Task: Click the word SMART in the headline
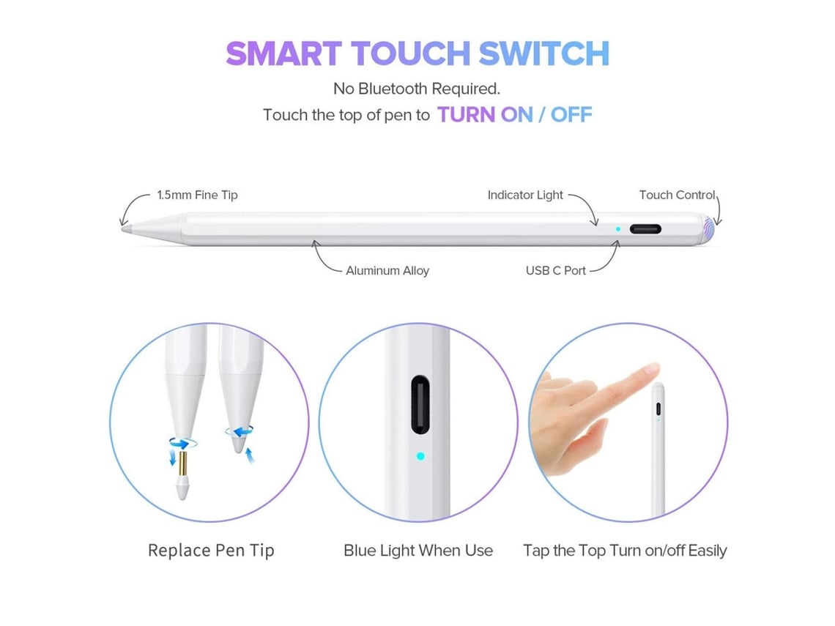point(284,53)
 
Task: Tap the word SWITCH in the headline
point(543,53)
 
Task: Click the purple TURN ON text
point(485,114)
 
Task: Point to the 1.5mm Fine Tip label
point(197,195)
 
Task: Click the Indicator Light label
point(525,195)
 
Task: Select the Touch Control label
point(677,195)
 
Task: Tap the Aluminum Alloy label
point(387,270)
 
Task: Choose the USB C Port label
point(555,270)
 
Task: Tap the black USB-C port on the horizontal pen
point(645,229)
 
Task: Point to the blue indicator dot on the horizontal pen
point(617,229)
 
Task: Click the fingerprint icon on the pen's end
point(709,229)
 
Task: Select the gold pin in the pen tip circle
point(182,464)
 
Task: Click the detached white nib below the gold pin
point(182,488)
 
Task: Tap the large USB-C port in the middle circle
point(420,405)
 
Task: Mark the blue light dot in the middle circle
point(420,456)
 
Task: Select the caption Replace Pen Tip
point(211,551)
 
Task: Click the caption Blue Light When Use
point(418,551)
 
